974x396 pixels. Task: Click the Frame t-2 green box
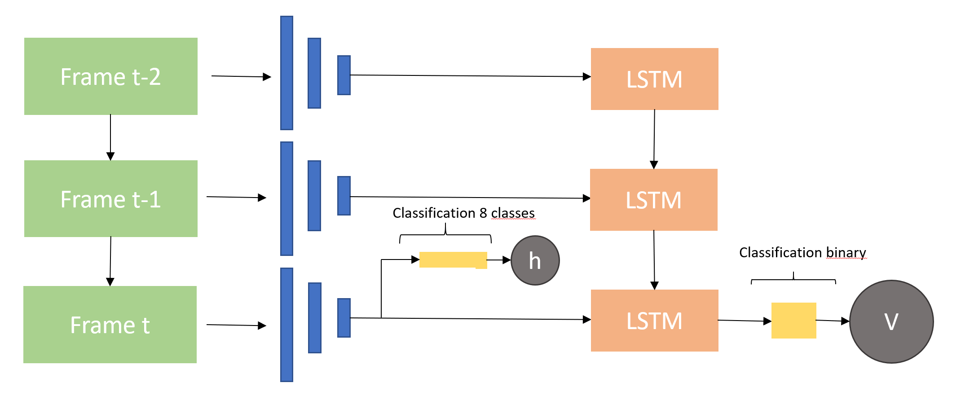point(110,76)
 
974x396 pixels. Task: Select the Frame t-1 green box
point(110,198)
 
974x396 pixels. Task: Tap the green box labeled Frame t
point(110,325)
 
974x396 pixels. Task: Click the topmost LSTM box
point(654,79)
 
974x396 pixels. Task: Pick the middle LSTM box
point(653,200)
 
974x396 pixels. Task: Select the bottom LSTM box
point(654,321)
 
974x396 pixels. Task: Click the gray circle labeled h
point(535,260)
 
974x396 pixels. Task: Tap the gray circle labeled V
point(891,321)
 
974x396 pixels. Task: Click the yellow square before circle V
point(793,320)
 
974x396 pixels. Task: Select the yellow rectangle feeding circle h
point(453,260)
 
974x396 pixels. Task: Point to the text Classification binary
point(802,252)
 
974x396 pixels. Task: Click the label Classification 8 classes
point(463,213)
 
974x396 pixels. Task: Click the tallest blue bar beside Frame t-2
point(286,73)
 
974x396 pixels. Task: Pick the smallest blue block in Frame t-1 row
point(344,196)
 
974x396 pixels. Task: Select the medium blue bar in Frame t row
point(314,318)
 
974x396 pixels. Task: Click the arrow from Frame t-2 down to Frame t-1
point(110,137)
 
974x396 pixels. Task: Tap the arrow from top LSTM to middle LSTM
point(654,139)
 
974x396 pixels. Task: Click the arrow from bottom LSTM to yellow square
point(745,321)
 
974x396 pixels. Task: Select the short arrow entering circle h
point(499,260)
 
